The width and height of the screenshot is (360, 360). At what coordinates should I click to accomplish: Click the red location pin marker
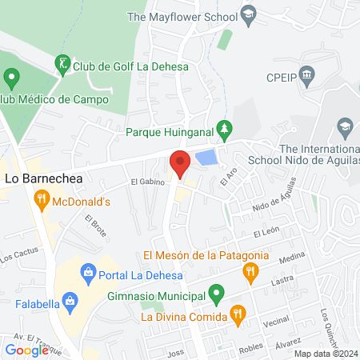pos(180,163)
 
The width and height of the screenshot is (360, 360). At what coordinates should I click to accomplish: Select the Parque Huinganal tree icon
pos(227,129)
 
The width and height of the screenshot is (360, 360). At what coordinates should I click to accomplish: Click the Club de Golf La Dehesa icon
pos(62,63)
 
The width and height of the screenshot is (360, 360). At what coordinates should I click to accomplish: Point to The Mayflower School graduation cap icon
pos(249,14)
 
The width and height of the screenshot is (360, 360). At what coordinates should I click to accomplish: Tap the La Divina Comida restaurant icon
pos(236,314)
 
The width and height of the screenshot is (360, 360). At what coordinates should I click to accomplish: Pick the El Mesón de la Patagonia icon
pos(251,272)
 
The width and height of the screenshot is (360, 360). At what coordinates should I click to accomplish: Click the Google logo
pos(27,350)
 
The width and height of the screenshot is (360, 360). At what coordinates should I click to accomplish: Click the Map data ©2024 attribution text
pos(325,353)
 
